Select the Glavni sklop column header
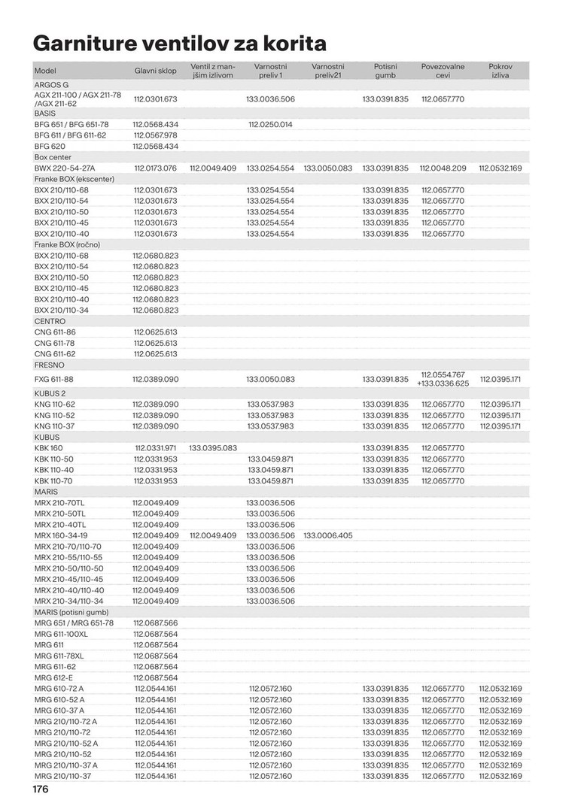(156, 71)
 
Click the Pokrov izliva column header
(500, 71)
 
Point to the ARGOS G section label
(52, 85)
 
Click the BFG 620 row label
(50, 146)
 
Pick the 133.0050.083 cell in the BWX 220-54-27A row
(327, 168)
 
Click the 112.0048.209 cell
(443, 168)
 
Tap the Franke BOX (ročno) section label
(67, 244)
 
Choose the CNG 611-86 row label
(55, 332)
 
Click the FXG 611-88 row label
(55, 379)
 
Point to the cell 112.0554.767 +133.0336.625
(443, 378)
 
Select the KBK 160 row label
(49, 448)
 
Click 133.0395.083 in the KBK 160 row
(213, 448)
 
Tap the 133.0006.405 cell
(327, 535)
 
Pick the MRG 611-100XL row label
(61, 634)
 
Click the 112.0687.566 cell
(156, 623)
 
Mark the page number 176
(40, 790)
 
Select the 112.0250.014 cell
(270, 124)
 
